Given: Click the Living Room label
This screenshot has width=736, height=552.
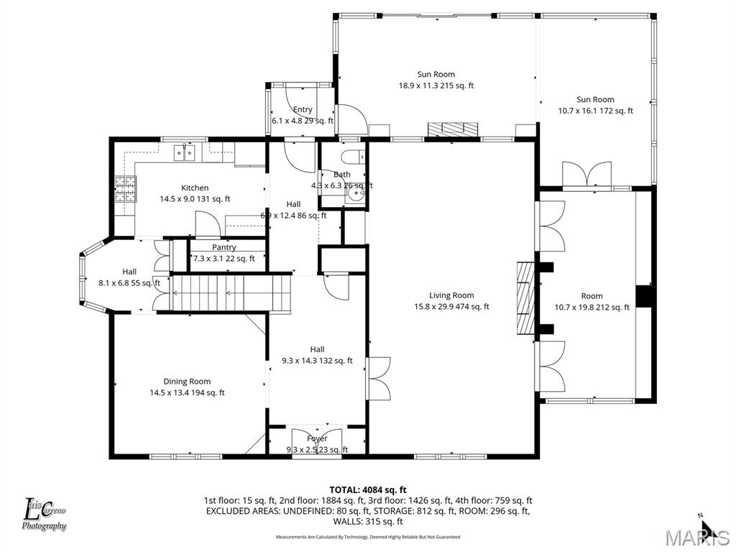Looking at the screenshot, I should click(451, 300).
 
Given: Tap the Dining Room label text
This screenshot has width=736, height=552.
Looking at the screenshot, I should click(187, 387).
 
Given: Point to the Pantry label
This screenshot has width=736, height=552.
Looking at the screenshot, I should click(224, 253).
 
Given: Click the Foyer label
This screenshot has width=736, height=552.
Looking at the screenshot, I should click(317, 443).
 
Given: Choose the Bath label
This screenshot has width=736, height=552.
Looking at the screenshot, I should click(342, 180).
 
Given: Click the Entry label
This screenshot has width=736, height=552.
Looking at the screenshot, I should click(303, 115).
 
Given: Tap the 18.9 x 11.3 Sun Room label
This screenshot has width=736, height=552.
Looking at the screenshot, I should click(436, 80).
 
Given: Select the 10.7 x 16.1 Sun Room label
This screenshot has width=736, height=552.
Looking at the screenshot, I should click(595, 105).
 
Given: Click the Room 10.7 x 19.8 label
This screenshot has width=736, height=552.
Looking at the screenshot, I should click(592, 301).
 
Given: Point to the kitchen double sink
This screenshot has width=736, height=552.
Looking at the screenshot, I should click(185, 152).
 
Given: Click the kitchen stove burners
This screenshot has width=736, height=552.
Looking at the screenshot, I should click(125, 188).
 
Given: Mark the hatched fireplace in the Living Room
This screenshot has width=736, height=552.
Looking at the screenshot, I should click(526, 298).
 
